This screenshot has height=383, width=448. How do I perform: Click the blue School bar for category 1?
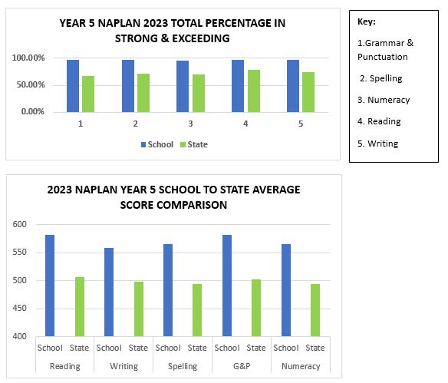[73, 86]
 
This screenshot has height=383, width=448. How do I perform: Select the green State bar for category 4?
[254, 91]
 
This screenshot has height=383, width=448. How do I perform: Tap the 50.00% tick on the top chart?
[31, 84]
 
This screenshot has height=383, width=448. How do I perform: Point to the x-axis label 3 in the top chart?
[190, 124]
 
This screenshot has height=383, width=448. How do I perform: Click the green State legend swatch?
[183, 144]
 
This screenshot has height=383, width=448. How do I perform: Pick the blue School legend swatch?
[143, 144]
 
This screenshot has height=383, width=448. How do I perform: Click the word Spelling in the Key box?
[386, 78]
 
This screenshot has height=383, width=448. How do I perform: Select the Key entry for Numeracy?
[384, 100]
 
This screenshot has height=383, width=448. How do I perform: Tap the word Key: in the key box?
[366, 21]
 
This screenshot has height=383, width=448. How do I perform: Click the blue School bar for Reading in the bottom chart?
[50, 286]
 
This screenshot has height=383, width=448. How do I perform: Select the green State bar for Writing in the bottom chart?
[139, 309]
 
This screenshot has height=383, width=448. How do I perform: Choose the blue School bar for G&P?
[227, 286]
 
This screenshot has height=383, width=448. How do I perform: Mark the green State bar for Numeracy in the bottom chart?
[315, 310]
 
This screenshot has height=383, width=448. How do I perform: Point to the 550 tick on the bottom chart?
[19, 252]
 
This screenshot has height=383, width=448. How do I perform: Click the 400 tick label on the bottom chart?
[19, 336]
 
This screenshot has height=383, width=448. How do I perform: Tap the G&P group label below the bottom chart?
[242, 366]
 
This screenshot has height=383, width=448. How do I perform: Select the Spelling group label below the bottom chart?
[183, 366]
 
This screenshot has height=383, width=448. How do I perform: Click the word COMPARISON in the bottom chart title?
[173, 205]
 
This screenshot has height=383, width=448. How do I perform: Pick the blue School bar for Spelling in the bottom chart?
[168, 290]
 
